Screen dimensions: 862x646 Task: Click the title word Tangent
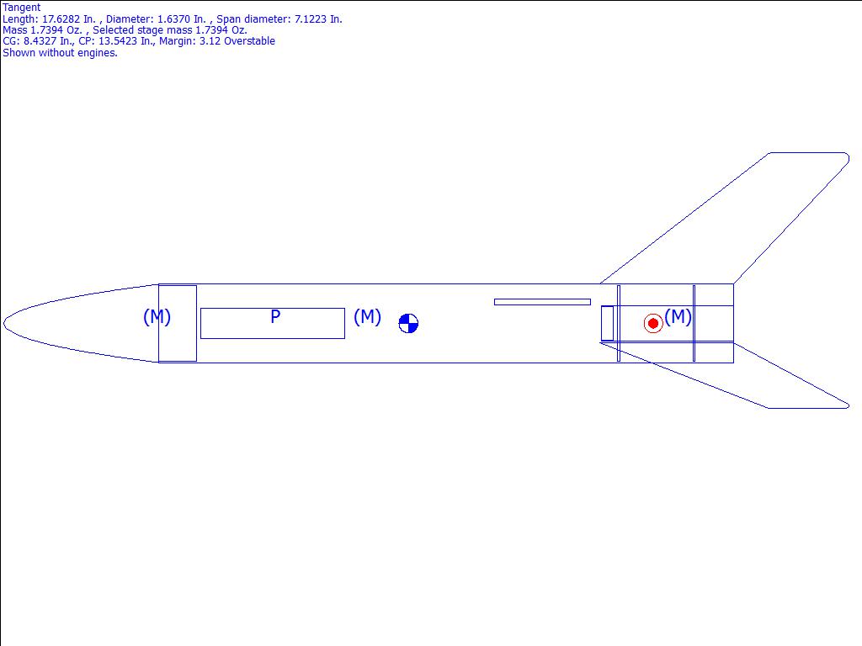click(x=21, y=8)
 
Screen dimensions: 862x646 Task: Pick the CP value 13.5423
click(x=118, y=41)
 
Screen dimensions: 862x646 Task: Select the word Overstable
click(x=249, y=41)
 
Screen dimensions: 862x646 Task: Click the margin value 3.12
click(x=210, y=41)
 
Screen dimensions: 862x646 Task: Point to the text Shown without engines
click(x=60, y=53)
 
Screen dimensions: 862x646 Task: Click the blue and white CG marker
click(x=408, y=324)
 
